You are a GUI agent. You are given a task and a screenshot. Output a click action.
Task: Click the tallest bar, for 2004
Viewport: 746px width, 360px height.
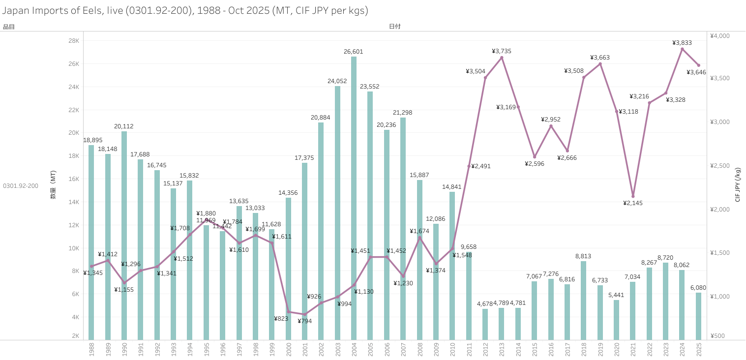(354, 197)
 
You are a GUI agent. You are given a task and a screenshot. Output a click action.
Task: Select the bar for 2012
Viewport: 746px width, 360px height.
(485, 324)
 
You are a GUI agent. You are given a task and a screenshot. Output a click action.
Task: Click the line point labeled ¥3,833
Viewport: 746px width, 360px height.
(682, 49)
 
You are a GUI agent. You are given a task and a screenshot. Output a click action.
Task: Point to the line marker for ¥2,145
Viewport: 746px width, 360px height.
(633, 196)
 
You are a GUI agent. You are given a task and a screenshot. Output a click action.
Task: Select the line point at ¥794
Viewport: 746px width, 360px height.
(304, 314)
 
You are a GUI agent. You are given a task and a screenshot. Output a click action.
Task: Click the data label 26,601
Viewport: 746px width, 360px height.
(354, 52)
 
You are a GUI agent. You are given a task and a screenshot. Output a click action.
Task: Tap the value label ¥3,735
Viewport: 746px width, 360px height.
(502, 51)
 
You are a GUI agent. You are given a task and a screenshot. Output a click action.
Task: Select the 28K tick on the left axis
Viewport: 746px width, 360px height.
(74, 41)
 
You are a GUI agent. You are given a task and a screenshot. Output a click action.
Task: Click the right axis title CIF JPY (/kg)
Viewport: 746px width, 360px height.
(738, 184)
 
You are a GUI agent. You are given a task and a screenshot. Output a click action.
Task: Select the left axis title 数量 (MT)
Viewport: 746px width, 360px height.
(53, 185)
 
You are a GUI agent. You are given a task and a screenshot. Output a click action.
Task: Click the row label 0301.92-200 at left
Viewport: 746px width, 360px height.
(21, 186)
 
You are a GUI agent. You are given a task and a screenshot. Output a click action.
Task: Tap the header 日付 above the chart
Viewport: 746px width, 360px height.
(394, 27)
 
